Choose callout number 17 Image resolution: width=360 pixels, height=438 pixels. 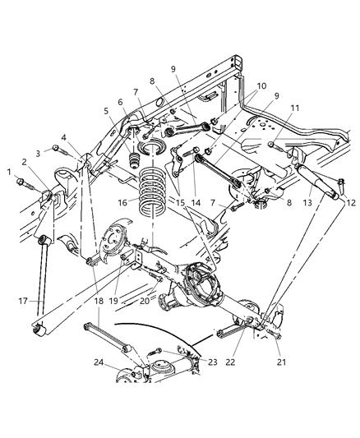(x=22, y=302)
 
